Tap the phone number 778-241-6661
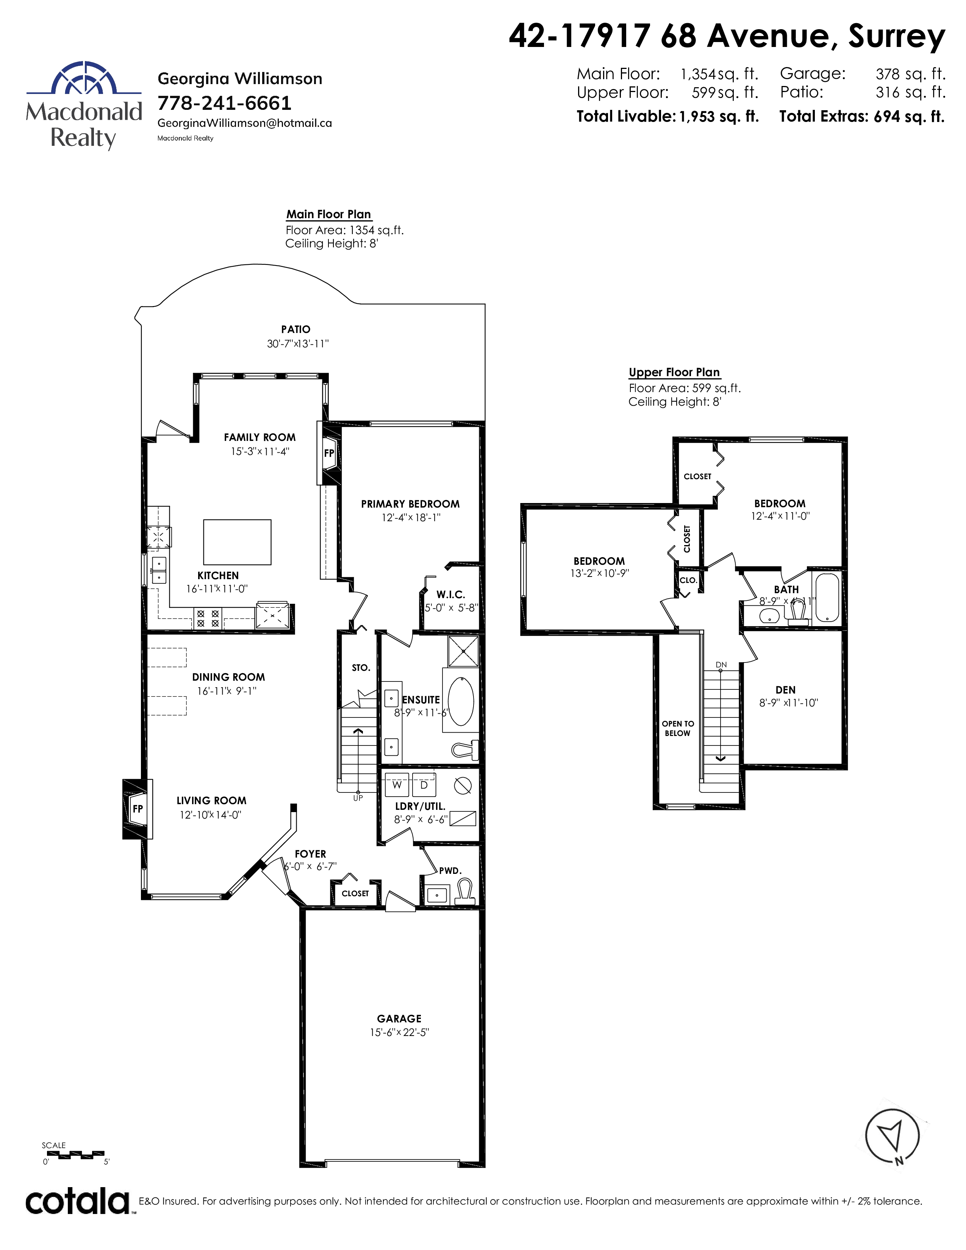tap(224, 103)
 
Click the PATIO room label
tap(295, 329)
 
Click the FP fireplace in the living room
tap(138, 809)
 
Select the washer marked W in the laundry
tap(397, 785)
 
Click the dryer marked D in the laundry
tap(424, 785)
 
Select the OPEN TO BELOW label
tap(678, 728)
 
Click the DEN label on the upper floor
tap(786, 690)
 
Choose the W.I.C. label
tap(450, 595)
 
